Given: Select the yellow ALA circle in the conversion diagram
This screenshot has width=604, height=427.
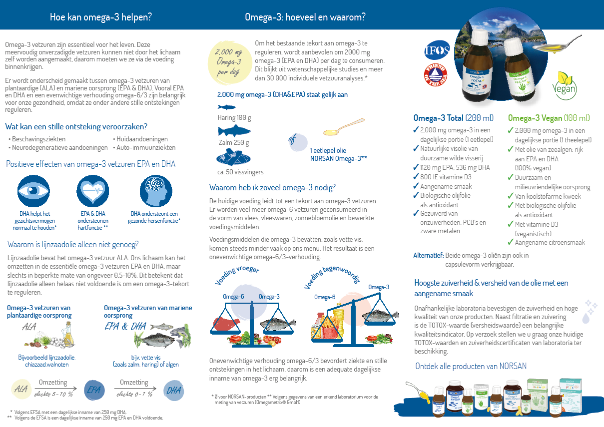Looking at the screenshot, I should coord(21,390).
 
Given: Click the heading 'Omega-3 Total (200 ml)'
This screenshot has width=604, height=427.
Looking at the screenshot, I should coord(453,118).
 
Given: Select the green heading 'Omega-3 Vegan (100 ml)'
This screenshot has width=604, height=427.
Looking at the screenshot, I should coord(543,118).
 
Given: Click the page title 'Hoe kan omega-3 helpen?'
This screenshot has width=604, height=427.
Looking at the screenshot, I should coord(101,17).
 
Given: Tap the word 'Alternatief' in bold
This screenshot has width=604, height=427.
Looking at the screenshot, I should coord(428,255).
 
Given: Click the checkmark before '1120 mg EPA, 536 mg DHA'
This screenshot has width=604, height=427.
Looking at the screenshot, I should coord(416,167).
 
